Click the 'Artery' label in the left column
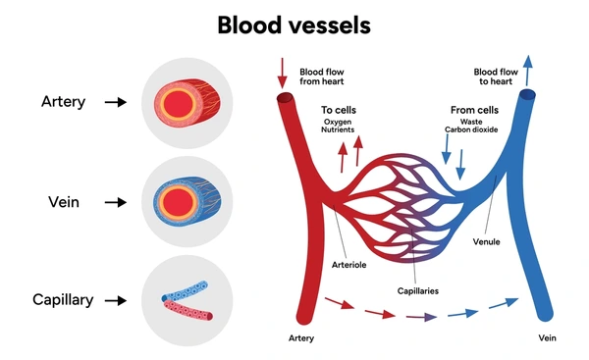coord(63,101)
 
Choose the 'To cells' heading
coord(338,111)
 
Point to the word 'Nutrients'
coord(339,130)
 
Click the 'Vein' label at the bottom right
coord(547,337)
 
